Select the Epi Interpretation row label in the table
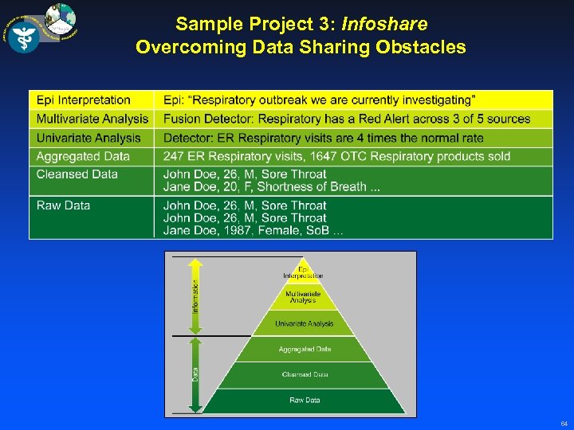(83, 100)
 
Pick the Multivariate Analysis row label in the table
(92, 119)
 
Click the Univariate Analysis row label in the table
(88, 138)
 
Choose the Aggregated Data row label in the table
(82, 156)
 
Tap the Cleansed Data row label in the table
(77, 174)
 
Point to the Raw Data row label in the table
(63, 205)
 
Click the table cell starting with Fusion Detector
(346, 119)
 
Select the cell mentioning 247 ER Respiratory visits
(336, 156)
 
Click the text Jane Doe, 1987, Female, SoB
(254, 230)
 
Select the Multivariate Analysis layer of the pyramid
(303, 297)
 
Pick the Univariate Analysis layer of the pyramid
(303, 323)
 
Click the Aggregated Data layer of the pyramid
(305, 349)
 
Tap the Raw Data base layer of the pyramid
(305, 400)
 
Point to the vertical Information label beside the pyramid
(196, 295)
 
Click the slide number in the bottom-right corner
(563, 423)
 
